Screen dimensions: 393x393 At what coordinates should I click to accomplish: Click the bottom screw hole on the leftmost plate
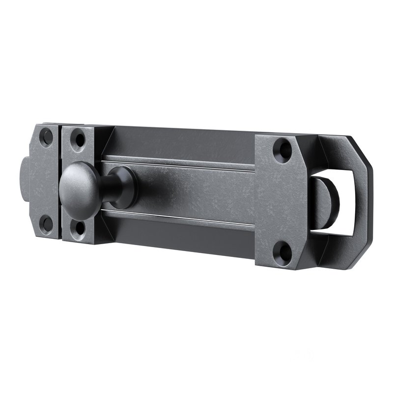(47, 224)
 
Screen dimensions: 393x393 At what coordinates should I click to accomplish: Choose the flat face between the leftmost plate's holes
(45, 182)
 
